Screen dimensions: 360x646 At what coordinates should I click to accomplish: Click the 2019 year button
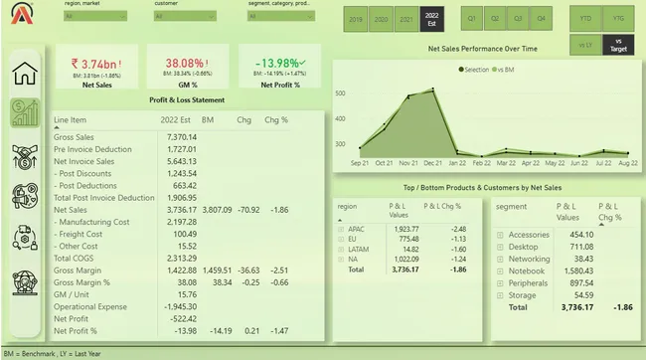click(356, 19)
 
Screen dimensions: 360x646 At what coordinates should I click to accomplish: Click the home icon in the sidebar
click(25, 73)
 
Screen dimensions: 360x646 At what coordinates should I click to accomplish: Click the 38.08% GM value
click(183, 63)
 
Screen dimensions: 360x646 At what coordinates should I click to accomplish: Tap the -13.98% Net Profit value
click(279, 63)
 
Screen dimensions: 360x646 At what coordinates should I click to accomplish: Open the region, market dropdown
click(95, 16)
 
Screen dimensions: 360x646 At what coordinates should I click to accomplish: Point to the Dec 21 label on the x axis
click(433, 162)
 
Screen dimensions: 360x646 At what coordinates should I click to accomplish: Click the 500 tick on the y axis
click(340, 93)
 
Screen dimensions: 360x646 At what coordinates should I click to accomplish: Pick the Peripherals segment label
click(530, 282)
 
